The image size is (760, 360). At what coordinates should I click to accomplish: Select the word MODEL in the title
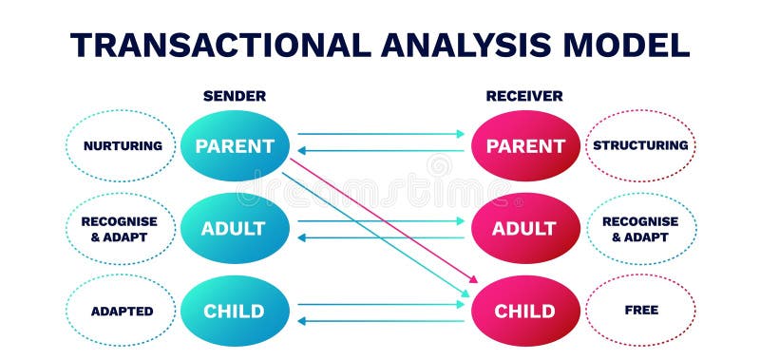coord(628,45)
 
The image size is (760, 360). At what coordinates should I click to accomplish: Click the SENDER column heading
coord(234,96)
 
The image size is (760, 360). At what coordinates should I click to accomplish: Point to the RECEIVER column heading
coord(524,96)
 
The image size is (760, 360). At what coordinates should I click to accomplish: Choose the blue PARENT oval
coord(234,146)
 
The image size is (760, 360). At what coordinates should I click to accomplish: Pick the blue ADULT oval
coord(234,229)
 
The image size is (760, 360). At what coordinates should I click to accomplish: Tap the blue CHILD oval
coord(234,312)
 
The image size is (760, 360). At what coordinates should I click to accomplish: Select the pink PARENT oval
coord(525,146)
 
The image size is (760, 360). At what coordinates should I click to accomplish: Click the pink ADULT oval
coord(525,229)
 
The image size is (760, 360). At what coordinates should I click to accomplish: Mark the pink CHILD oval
coord(525,312)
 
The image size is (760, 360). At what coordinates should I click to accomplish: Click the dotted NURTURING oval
coord(122,146)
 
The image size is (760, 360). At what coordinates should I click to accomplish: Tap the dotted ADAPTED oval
coord(122,312)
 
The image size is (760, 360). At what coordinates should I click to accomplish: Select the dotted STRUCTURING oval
coord(640,146)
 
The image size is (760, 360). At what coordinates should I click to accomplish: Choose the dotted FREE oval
coord(640,311)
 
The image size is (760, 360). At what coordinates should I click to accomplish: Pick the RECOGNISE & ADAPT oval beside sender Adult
coord(120,229)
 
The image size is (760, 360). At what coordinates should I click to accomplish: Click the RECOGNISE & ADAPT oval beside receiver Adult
coord(640,229)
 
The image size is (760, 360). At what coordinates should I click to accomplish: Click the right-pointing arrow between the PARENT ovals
coord(380,134)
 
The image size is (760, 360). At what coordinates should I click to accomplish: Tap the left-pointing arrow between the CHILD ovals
coord(380,320)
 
